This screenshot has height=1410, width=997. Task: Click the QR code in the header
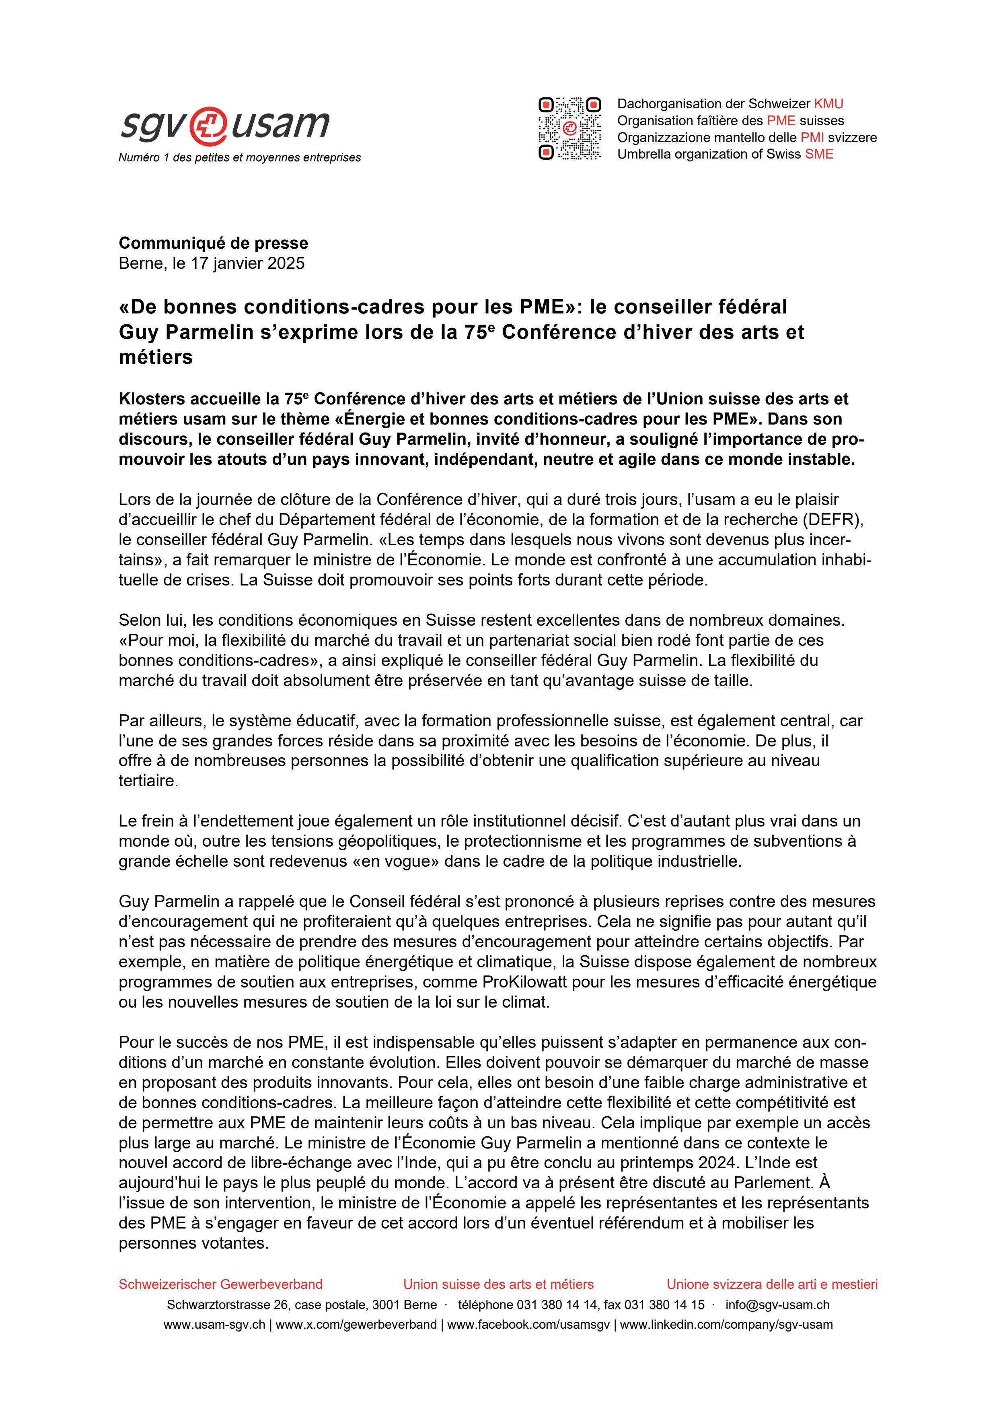[569, 128]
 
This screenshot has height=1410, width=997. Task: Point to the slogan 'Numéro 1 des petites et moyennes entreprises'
[239, 158]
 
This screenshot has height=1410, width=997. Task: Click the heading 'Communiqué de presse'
[213, 243]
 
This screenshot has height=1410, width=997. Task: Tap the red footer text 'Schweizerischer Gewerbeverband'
[220, 1284]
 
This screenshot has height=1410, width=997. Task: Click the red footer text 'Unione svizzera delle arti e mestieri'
[772, 1284]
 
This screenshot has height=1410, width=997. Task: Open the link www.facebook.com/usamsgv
[528, 1325]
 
